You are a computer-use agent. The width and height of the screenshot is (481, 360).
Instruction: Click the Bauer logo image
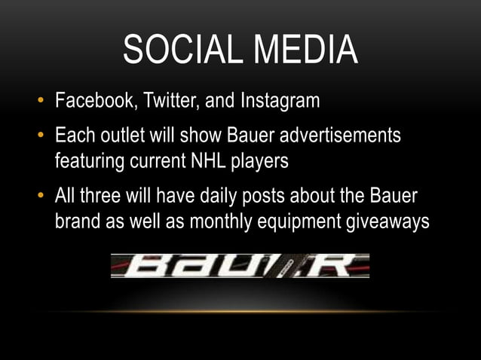point(240,265)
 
